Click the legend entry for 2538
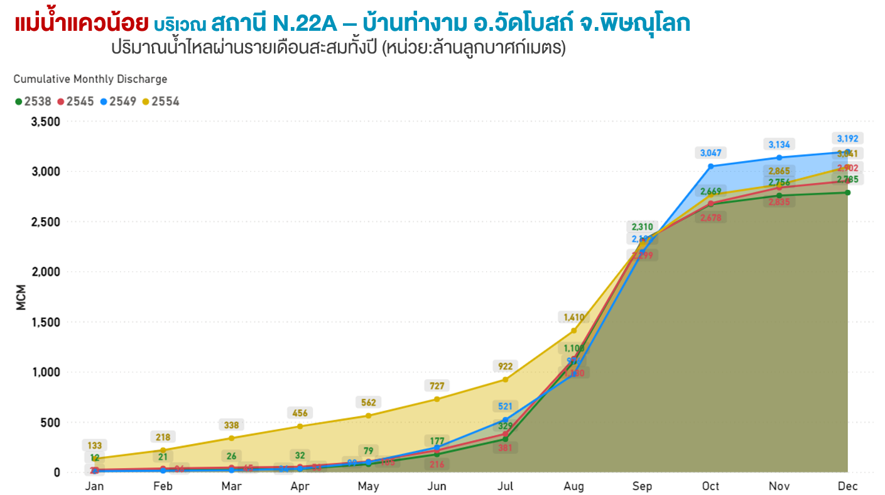point(33,101)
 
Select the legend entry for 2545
point(76,101)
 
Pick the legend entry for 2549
point(118,101)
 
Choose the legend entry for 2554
point(161,101)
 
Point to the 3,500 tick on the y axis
point(45,121)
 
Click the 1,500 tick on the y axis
point(45,322)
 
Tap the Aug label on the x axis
point(573,486)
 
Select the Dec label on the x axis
point(847,486)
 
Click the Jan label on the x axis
point(94,486)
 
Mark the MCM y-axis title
point(21,297)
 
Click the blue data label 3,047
point(710,152)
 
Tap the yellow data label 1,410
point(573,317)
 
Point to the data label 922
point(505,366)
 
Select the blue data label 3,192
point(847,138)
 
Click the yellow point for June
point(437,399)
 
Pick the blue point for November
point(779,157)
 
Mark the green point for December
point(847,192)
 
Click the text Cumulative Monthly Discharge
point(90,79)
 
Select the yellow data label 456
point(300,413)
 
